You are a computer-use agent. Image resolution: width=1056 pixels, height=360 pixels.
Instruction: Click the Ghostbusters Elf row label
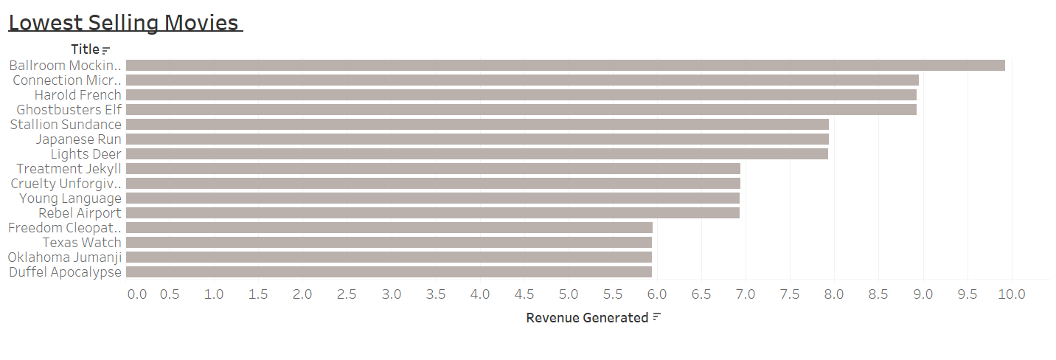point(69,109)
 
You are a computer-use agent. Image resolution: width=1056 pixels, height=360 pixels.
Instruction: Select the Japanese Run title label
point(79,139)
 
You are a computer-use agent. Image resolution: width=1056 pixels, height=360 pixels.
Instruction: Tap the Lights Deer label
point(86,153)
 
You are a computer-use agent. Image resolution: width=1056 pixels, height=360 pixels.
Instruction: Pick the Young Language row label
point(71,198)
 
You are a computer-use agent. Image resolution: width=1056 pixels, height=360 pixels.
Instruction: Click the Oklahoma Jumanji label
point(65,257)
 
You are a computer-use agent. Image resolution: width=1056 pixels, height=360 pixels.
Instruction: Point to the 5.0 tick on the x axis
point(569,294)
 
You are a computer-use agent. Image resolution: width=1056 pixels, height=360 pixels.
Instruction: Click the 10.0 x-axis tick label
point(1012,294)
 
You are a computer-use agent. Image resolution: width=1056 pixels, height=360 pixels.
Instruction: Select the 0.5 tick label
point(170,294)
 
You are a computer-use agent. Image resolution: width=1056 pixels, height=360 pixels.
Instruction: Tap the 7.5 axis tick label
point(790,294)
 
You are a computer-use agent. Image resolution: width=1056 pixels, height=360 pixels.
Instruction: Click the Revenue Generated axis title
point(587,318)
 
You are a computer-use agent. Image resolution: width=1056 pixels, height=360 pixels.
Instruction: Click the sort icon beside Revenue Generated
point(657,317)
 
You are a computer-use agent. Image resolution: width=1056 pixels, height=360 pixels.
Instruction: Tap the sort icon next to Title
point(106,50)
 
